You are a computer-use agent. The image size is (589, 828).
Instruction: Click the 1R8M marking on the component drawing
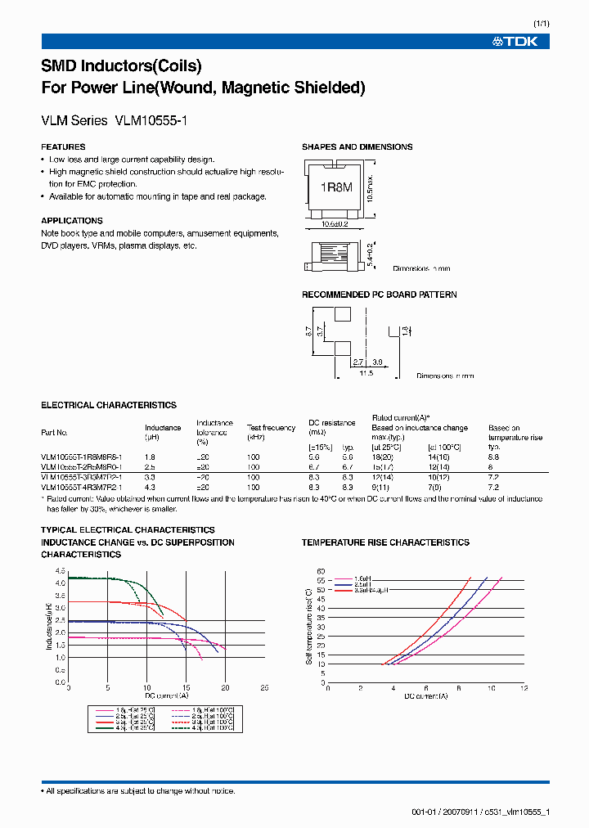click(x=335, y=187)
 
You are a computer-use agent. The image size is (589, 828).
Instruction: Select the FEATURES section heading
click(x=63, y=147)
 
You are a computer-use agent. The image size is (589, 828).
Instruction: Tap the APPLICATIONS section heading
click(x=72, y=221)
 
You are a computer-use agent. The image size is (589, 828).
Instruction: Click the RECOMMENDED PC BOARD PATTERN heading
click(x=379, y=295)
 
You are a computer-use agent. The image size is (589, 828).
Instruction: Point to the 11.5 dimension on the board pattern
click(x=366, y=373)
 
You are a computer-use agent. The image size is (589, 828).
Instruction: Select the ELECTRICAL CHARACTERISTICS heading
click(x=109, y=405)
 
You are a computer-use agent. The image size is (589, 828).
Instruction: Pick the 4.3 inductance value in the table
click(x=151, y=487)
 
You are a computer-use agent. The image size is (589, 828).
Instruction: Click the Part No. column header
click(x=55, y=433)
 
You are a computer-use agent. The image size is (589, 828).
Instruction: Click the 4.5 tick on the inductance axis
click(x=61, y=570)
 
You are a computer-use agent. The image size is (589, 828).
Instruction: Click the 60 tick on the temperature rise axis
click(x=321, y=570)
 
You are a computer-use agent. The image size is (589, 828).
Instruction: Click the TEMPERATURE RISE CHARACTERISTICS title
click(x=385, y=542)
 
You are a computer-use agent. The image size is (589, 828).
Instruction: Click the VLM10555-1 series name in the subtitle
click(x=152, y=120)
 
